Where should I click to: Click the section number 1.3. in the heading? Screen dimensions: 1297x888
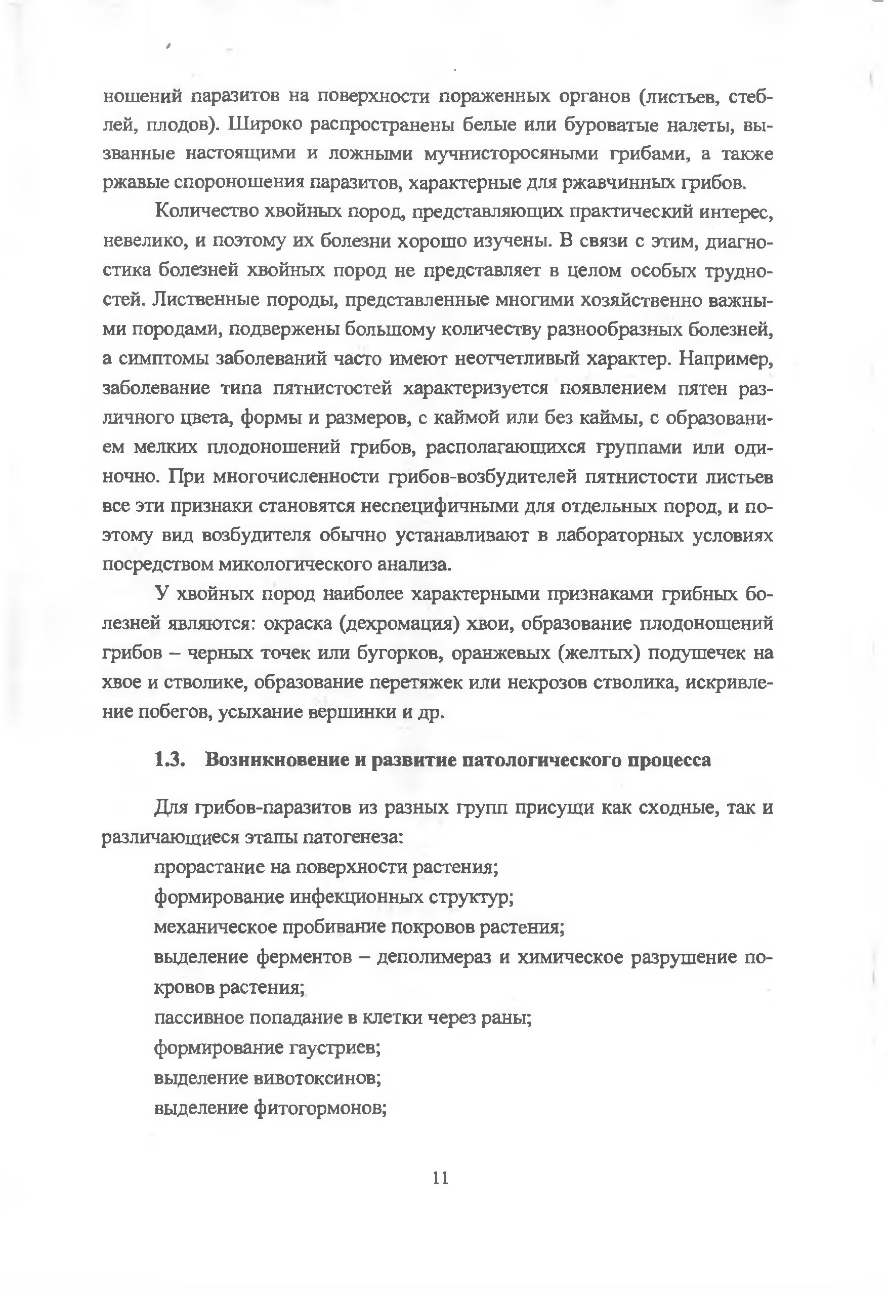pyautogui.click(x=170, y=760)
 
